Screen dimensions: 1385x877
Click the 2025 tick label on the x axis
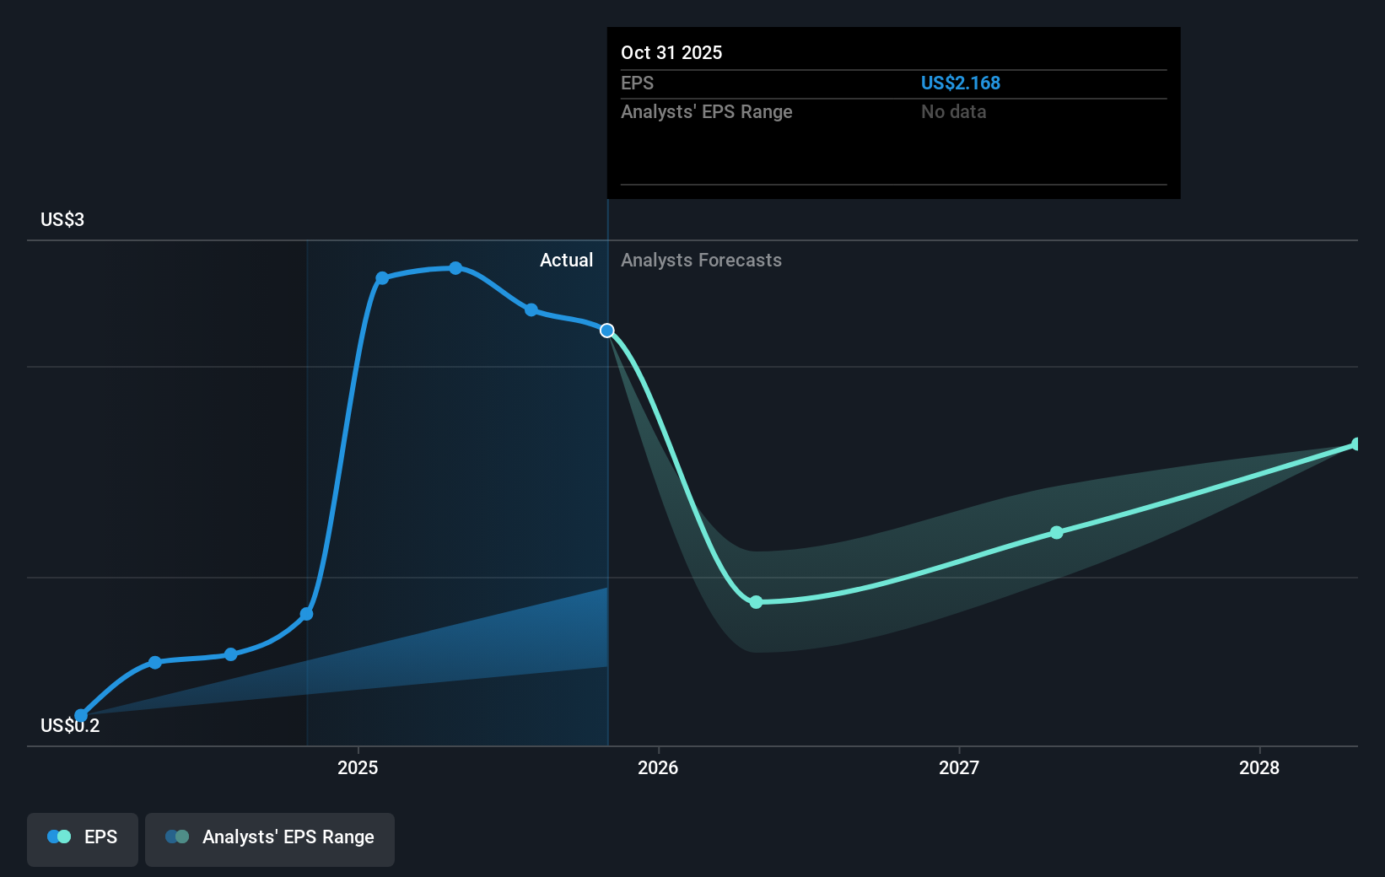point(358,767)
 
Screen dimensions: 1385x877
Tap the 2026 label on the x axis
point(658,767)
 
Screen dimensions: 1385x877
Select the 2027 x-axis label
point(959,767)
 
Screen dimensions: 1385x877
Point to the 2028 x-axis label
point(1259,767)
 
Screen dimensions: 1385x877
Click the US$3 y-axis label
point(62,219)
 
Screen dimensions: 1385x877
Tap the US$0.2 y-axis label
point(70,725)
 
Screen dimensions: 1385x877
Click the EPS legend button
point(82,839)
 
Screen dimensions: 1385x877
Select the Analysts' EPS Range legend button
point(270,839)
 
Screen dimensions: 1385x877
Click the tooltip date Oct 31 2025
point(671,52)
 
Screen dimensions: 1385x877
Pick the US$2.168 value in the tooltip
point(960,83)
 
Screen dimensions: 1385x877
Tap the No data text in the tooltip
point(953,112)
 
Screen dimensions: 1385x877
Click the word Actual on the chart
point(566,261)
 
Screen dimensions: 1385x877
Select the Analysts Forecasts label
point(701,261)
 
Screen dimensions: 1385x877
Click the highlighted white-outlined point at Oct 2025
point(607,331)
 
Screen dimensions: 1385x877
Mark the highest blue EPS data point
point(455,268)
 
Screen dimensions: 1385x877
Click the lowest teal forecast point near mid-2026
point(757,602)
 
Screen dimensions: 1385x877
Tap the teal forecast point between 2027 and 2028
point(1057,533)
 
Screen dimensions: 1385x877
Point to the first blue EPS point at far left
point(81,716)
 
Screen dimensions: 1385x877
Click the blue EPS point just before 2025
point(307,614)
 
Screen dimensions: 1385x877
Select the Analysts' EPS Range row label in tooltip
point(706,112)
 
